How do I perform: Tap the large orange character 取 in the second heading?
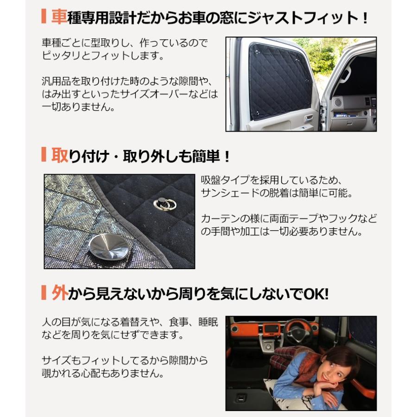(60, 155)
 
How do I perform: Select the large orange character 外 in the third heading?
(60, 293)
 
